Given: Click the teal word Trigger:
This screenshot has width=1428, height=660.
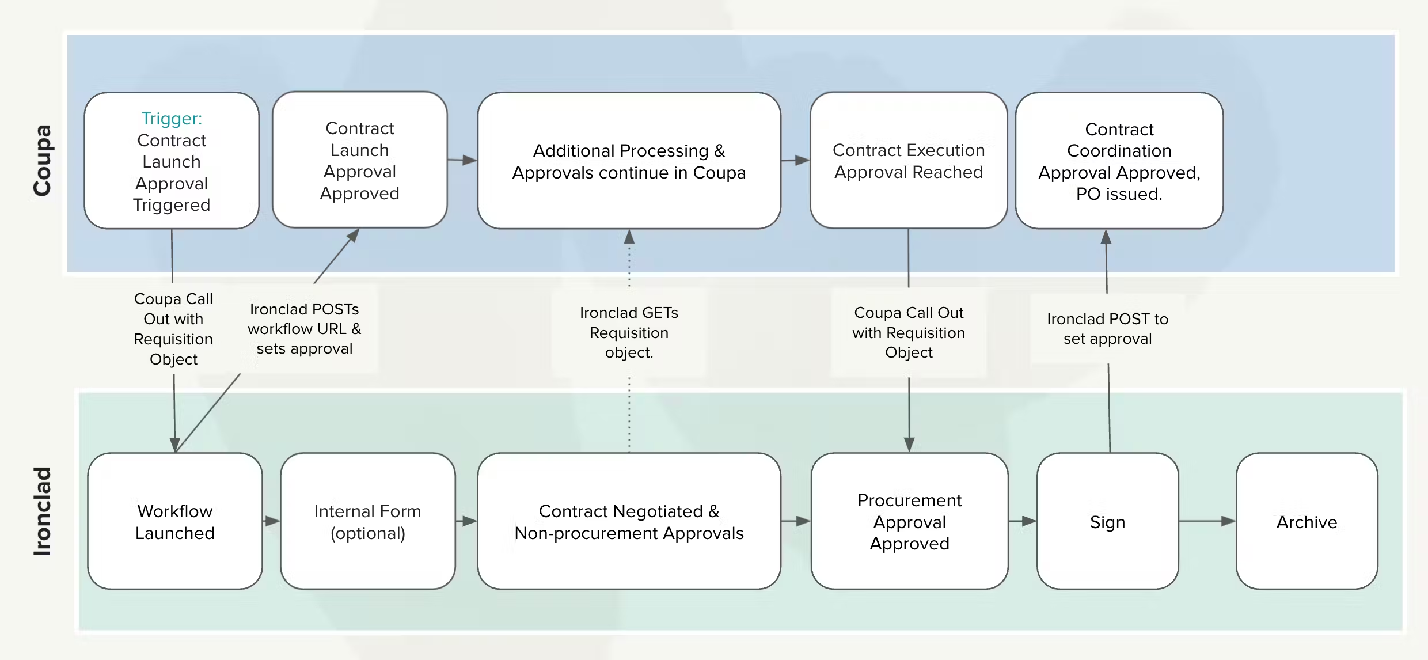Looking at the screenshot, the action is pyautogui.click(x=172, y=119).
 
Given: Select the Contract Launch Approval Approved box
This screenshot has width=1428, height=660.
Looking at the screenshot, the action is pyautogui.click(x=360, y=160).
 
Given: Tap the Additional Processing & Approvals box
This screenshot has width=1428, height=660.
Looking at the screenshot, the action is pyautogui.click(x=629, y=161).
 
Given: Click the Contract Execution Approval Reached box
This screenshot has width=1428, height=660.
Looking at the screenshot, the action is pyautogui.click(x=909, y=160).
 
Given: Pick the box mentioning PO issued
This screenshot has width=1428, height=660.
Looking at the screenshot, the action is pyautogui.click(x=1119, y=161).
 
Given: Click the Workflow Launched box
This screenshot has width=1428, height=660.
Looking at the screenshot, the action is pyautogui.click(x=175, y=521).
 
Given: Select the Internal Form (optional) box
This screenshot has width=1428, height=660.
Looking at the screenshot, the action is pyautogui.click(x=368, y=521).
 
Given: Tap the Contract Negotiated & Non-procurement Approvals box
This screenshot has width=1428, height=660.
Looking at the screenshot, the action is pyautogui.click(x=629, y=521).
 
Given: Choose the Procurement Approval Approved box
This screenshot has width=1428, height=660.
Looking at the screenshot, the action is pyautogui.click(x=910, y=521).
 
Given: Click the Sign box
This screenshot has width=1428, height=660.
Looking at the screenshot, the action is pyautogui.click(x=1108, y=521).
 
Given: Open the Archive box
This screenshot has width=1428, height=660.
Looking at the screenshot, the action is pyautogui.click(x=1307, y=521).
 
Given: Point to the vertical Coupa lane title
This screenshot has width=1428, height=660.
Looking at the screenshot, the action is pyautogui.click(x=42, y=161).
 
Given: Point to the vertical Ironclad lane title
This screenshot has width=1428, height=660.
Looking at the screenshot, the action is pyautogui.click(x=42, y=511).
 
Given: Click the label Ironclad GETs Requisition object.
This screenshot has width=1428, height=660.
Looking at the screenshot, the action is pyautogui.click(x=629, y=332).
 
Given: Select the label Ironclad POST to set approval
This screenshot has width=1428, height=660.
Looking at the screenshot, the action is pyautogui.click(x=1108, y=329).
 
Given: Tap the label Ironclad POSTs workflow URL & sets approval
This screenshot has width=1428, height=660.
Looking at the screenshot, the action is pyautogui.click(x=305, y=329).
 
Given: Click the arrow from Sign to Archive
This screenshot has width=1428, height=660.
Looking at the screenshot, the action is pyautogui.click(x=1207, y=521).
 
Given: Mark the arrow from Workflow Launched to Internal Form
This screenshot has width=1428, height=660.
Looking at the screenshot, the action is pyautogui.click(x=271, y=521).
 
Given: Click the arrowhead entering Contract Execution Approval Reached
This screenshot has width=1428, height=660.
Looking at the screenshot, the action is pyautogui.click(x=803, y=160).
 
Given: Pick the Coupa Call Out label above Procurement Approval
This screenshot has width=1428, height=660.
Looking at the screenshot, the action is pyautogui.click(x=909, y=332).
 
